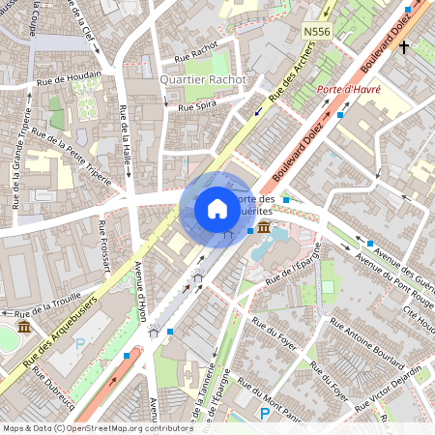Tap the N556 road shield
click(316, 32)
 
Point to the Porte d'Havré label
click(349, 90)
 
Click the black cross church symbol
click(403, 45)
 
